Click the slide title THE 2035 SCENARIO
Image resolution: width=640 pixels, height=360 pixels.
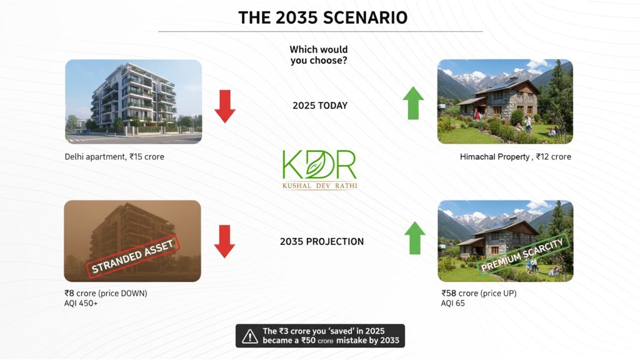[x=323, y=17]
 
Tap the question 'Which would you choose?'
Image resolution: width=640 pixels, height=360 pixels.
[x=319, y=55]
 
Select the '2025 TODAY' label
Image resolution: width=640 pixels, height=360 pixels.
[x=320, y=105]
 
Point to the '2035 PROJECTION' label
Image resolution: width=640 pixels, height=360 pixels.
[x=322, y=241]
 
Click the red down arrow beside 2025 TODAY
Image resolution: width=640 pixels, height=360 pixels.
[x=225, y=106]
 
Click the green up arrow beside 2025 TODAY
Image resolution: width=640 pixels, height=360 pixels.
[x=413, y=103]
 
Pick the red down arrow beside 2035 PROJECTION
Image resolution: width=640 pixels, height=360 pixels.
[x=224, y=241]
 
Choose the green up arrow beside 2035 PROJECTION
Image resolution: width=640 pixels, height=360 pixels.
[x=415, y=238]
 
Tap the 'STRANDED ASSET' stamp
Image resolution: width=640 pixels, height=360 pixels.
[x=133, y=257]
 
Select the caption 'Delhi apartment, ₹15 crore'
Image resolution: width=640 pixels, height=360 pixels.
[x=114, y=157]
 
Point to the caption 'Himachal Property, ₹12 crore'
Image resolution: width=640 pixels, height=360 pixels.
[x=516, y=157]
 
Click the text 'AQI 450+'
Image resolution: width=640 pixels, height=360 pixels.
[x=81, y=303]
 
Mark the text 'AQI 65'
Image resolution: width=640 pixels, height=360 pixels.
[x=452, y=303]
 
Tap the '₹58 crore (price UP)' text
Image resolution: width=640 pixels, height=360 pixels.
[x=479, y=293]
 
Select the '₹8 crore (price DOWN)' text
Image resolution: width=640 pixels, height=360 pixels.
[x=106, y=293]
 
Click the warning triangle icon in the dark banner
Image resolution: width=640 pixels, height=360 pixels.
[x=250, y=336]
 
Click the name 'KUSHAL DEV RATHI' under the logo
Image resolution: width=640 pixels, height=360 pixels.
[x=319, y=186]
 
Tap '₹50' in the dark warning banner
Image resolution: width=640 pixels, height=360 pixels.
[x=308, y=341]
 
